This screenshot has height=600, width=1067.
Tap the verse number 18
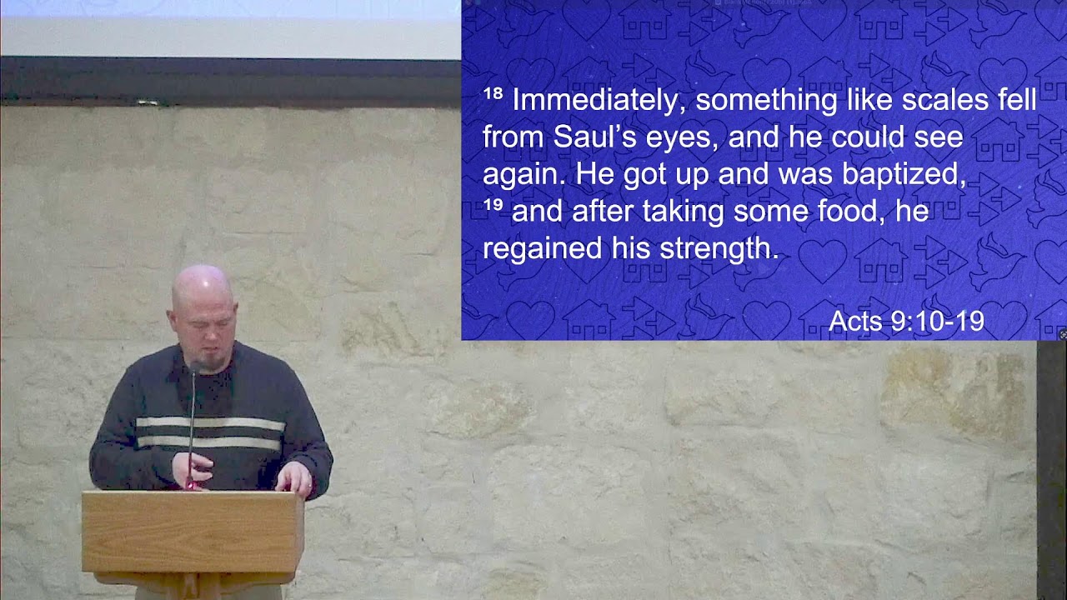pyautogui.click(x=493, y=94)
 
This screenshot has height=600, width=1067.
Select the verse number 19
pyautogui.click(x=493, y=205)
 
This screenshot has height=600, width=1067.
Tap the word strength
pyautogui.click(x=719, y=248)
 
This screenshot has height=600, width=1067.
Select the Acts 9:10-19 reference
pyautogui.click(x=906, y=322)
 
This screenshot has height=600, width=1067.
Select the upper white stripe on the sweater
pyautogui.click(x=210, y=423)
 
